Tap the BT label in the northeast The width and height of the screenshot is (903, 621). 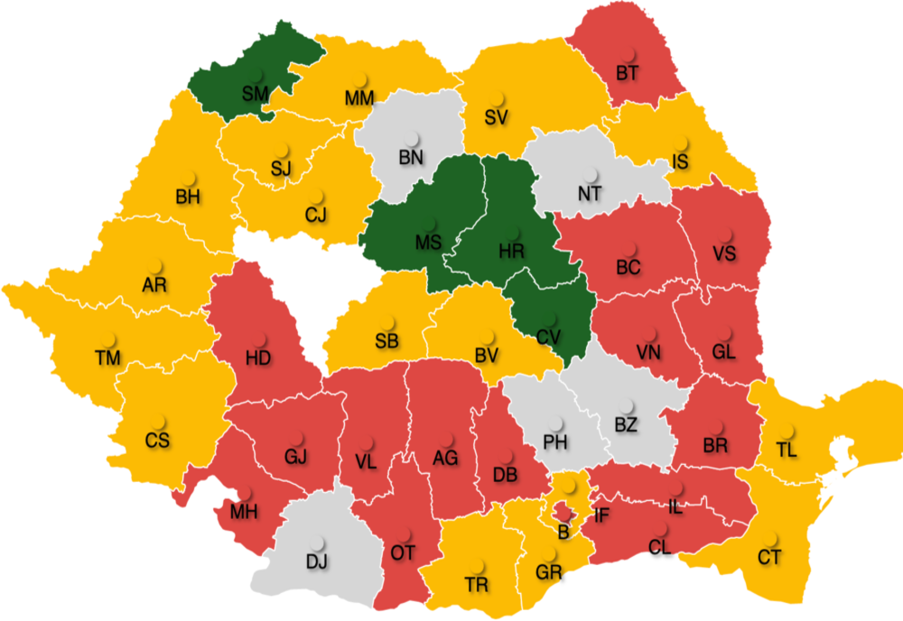coord(628,72)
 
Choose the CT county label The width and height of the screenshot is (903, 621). coord(769,557)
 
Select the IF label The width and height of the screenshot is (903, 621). coord(602,516)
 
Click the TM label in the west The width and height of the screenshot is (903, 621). coord(107,357)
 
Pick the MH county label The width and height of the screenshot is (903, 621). coord(244,512)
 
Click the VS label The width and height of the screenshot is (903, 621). coord(723,253)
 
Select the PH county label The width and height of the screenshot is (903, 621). coord(555,442)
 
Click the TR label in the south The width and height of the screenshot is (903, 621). coord(477,584)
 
